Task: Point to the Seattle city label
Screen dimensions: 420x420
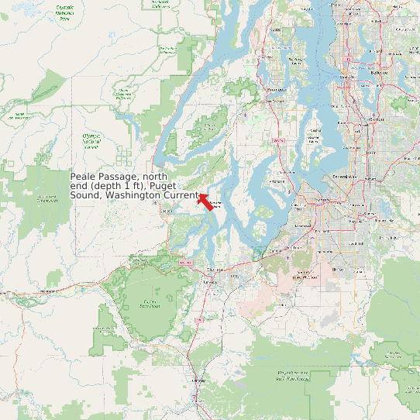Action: pyautogui.click(x=377, y=119)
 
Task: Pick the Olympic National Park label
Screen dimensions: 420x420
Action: pyautogui.click(x=65, y=12)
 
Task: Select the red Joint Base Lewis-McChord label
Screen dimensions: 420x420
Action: pyautogui.click(x=302, y=277)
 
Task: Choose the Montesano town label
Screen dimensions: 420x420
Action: pyautogui.click(x=48, y=291)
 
